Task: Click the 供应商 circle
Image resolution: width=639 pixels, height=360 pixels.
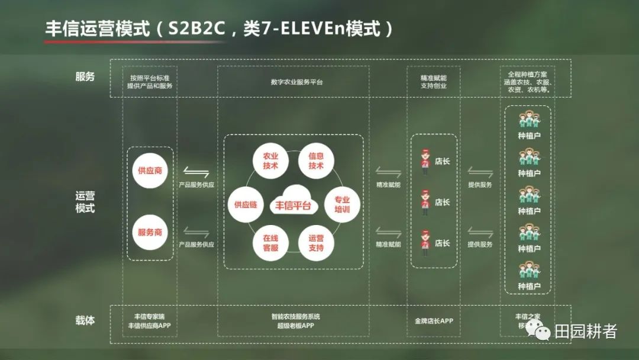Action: tap(150, 170)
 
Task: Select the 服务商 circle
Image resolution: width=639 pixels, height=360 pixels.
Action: tap(150, 232)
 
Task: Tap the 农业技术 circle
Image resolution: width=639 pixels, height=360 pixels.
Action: tap(270, 160)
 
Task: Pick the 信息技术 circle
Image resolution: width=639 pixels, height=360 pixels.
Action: tap(316, 160)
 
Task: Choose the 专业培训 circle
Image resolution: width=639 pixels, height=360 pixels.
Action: tap(342, 204)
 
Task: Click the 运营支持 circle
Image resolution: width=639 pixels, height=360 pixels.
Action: tap(316, 243)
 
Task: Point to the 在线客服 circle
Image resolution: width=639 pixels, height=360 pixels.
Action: tap(270, 243)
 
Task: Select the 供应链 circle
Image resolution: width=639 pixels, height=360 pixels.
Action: tap(245, 204)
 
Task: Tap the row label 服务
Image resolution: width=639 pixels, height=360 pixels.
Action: tap(85, 77)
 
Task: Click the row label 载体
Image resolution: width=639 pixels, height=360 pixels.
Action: tap(85, 322)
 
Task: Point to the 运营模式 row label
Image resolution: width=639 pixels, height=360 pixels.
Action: tap(85, 202)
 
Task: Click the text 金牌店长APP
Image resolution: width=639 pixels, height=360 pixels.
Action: tap(434, 321)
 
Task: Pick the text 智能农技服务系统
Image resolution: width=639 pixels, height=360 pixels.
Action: tap(296, 317)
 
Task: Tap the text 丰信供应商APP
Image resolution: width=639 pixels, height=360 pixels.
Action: tap(149, 326)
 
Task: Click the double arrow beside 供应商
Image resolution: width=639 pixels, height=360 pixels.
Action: tap(196, 173)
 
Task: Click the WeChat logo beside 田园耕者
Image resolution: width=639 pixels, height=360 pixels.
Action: tap(540, 330)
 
